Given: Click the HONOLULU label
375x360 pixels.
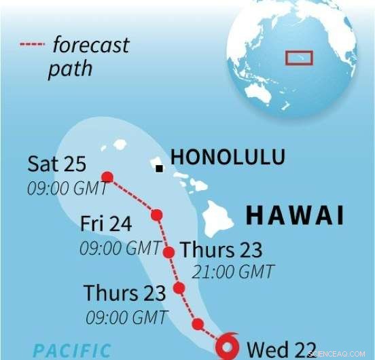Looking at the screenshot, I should (x=228, y=157).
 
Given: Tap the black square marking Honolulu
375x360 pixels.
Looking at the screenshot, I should (x=158, y=168).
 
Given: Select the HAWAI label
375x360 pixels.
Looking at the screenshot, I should (x=294, y=215).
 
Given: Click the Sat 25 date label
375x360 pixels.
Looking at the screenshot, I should (x=57, y=164).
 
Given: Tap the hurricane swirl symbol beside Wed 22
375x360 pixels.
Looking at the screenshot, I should (x=227, y=346).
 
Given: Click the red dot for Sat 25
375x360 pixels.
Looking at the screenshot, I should (x=107, y=177).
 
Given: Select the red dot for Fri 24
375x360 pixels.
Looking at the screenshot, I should (x=157, y=215).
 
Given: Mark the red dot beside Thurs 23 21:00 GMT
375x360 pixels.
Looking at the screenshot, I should (x=169, y=252).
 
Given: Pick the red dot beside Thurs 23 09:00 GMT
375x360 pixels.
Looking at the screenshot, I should (x=179, y=288).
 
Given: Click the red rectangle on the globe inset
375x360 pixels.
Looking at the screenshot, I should (x=298, y=57).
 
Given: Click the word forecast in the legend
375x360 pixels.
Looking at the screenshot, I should (x=90, y=46).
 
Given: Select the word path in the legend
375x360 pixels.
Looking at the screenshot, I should (x=69, y=69).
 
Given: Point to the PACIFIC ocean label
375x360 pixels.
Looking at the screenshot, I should (x=72, y=350).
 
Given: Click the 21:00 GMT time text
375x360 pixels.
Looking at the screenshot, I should (x=232, y=272).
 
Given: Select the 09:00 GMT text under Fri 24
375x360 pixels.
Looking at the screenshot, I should (x=120, y=248).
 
